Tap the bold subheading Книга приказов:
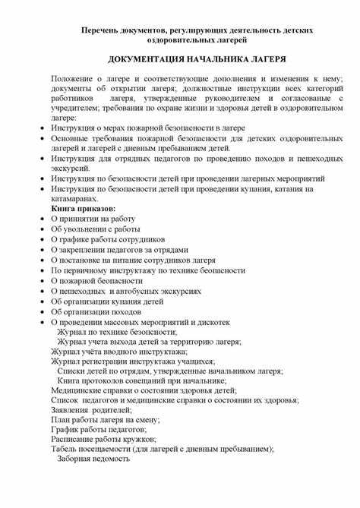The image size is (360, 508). [x=83, y=207]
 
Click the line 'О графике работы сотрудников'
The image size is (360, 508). [x=107, y=238]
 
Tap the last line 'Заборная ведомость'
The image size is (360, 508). [x=93, y=459]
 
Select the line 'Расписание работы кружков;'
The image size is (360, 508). [x=103, y=439]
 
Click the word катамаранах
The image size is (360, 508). [x=76, y=197]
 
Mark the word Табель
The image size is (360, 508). [x=65, y=450]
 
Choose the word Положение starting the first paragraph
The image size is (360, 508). [x=74, y=79]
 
